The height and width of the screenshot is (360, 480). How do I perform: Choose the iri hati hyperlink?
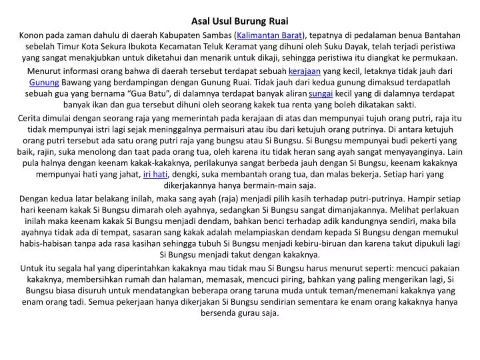155,174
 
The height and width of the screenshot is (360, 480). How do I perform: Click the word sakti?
403,105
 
